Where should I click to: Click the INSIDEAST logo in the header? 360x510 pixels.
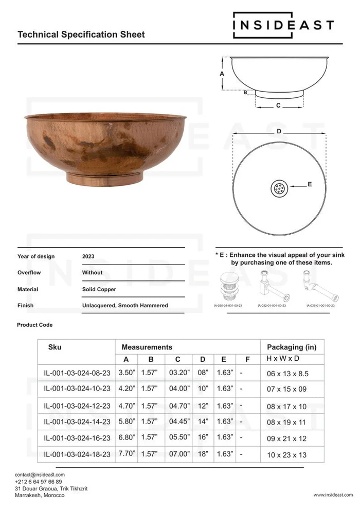coord(283,25)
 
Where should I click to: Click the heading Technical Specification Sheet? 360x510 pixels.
coord(81,34)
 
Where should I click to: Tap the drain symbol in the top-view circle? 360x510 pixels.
coord(279,188)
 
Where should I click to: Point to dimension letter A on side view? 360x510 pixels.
coord(222,74)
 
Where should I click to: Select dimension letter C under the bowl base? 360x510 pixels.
coord(278,106)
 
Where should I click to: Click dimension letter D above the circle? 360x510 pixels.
coord(279,132)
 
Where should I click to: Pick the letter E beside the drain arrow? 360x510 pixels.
coord(310,184)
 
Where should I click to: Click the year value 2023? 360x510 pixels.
coord(88,256)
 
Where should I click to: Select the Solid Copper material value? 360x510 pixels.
coord(99,289)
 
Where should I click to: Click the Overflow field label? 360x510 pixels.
coord(29,273)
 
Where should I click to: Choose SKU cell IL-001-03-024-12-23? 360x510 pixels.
coord(77,407)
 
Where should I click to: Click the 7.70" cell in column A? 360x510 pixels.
coord(126,454)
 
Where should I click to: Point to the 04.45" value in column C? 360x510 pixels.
coord(178,421)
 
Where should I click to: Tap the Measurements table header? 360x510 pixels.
coord(147,347)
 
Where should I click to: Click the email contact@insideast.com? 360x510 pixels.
coord(40,474)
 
